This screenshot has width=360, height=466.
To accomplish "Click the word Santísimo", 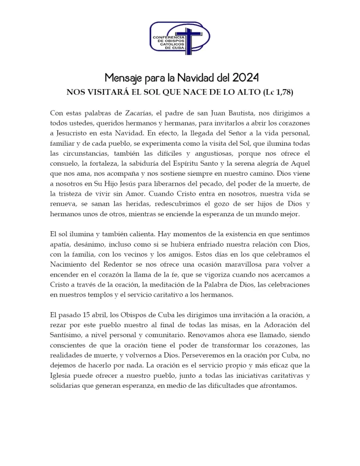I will (x=66, y=336).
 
